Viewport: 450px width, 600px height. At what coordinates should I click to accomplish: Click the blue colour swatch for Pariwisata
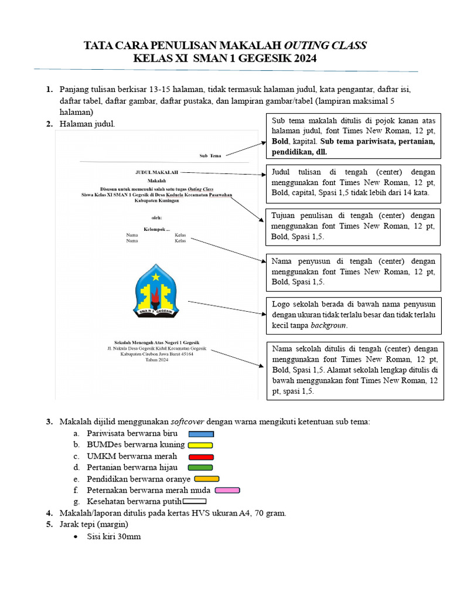click(x=201, y=434)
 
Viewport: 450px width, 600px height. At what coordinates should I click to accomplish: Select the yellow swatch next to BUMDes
click(x=200, y=445)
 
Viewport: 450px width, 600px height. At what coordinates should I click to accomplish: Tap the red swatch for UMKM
click(x=201, y=456)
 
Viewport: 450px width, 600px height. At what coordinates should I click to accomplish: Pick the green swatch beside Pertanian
click(x=200, y=468)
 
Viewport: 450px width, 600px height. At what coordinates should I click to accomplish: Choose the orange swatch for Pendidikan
click(x=206, y=479)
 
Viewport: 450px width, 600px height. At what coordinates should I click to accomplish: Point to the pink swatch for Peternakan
click(x=228, y=490)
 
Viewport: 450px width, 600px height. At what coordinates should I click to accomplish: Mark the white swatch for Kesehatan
click(x=195, y=501)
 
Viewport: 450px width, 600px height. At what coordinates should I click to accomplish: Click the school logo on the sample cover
click(x=156, y=291)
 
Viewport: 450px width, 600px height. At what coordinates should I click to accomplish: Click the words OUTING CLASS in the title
click(x=325, y=46)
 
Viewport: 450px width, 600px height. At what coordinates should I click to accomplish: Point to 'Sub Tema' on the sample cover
click(x=210, y=156)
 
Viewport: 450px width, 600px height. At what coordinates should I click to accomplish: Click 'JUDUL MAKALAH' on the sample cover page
click(x=156, y=173)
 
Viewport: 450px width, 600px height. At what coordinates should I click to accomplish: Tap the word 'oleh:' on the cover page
click(x=156, y=217)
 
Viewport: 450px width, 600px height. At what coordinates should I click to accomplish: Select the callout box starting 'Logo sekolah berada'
click(x=353, y=314)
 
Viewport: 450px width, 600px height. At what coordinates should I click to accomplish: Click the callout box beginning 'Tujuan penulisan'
click(x=353, y=226)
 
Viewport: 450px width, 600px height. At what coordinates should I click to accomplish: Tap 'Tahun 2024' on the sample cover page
click(x=156, y=360)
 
